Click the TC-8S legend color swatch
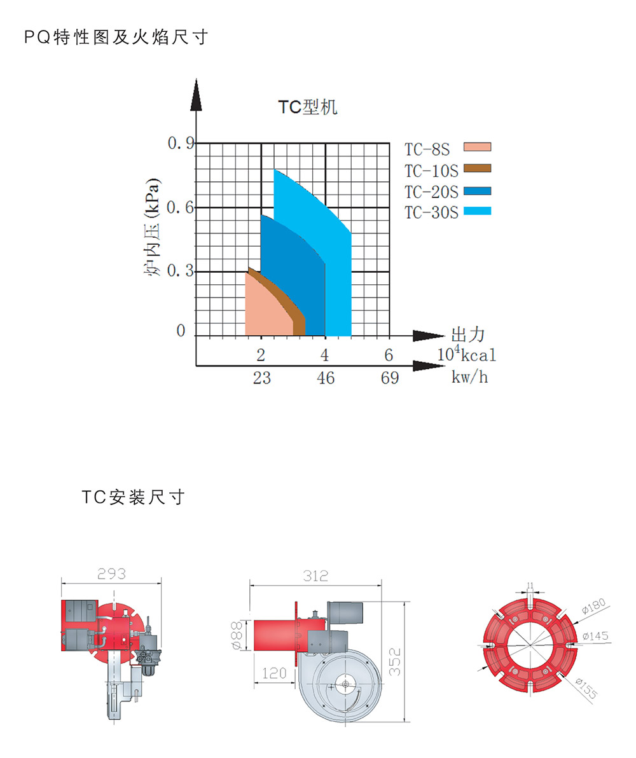(477, 147)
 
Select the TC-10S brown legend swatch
(477, 169)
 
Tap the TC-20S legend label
(431, 193)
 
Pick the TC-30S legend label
(431, 212)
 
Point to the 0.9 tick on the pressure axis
(181, 143)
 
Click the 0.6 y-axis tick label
(180, 207)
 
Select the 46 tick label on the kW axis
(326, 378)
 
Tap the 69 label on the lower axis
(390, 378)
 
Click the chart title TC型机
(308, 107)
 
